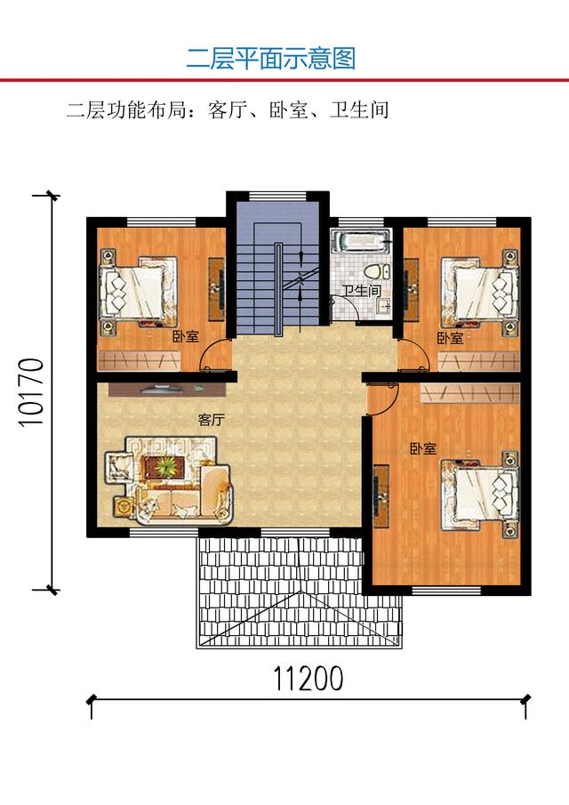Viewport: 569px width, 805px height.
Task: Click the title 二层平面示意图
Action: tap(271, 59)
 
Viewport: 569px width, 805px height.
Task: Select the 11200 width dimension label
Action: tap(308, 679)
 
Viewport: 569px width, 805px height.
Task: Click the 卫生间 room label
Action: tap(361, 291)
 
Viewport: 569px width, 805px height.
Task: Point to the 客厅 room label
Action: tap(212, 420)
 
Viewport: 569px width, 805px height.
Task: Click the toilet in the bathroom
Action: tap(374, 270)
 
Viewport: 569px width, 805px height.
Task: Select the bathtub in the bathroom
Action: tap(361, 241)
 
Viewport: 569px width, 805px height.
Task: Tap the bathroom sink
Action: tap(383, 307)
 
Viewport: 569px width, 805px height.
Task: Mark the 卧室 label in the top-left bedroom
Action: tap(185, 337)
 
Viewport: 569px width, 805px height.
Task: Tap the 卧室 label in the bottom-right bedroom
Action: tap(423, 448)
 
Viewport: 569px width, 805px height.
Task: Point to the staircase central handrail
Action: tap(277, 289)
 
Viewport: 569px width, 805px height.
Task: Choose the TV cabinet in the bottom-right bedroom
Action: tap(381, 496)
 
